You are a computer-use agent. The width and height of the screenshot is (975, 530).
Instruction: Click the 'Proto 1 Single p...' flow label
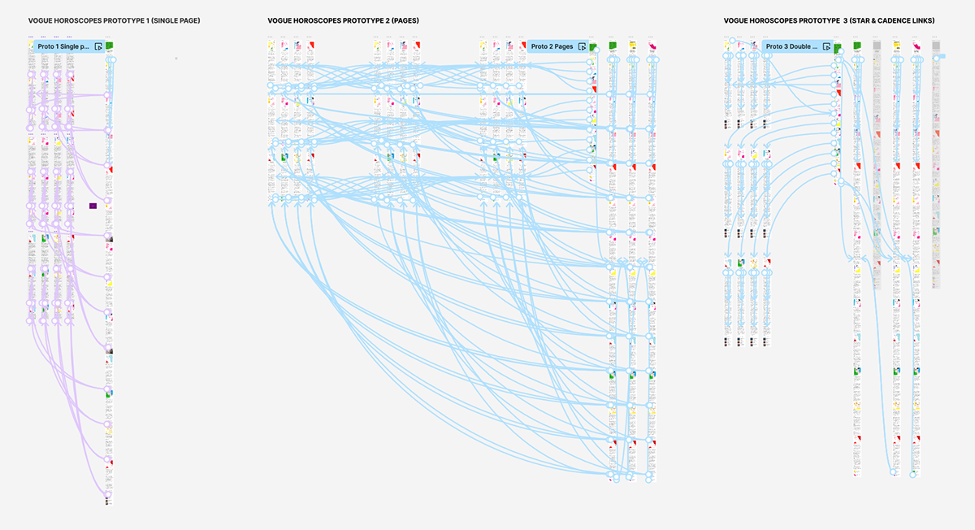[63, 47]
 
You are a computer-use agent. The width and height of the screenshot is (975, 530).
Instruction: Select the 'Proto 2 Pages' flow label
[552, 47]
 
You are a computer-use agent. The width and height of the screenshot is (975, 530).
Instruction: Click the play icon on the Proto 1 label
[97, 47]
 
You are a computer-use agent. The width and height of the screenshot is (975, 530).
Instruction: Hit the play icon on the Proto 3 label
[825, 47]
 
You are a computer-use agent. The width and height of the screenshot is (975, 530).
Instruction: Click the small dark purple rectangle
[93, 206]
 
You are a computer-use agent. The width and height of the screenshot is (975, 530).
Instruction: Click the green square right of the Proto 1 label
[109, 46]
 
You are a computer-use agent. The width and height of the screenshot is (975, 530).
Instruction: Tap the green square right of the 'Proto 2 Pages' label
[593, 46]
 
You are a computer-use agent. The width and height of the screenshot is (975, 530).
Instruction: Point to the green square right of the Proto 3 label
[837, 47]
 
